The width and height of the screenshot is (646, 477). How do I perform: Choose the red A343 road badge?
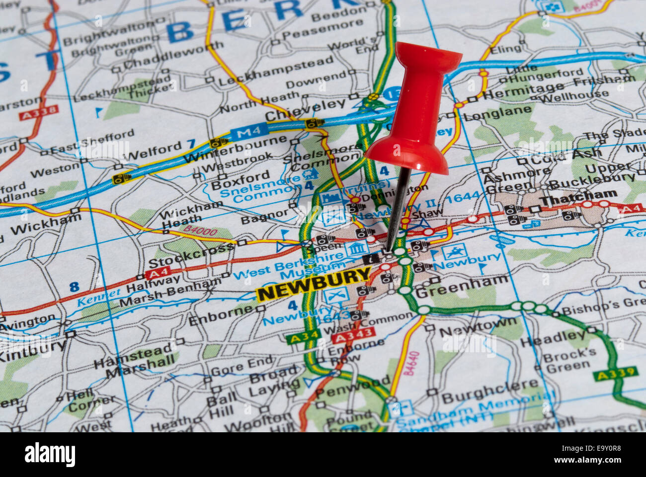click(x=346, y=338)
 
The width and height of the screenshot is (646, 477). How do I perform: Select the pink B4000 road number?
click(x=200, y=231)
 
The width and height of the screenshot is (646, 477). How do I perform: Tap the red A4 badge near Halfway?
click(x=158, y=274)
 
